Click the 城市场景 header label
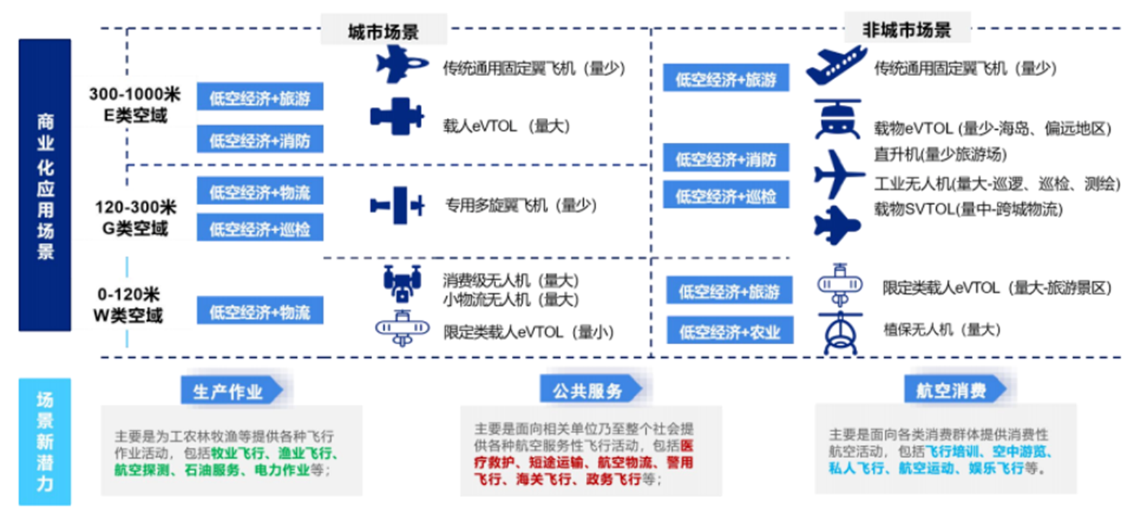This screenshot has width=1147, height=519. (383, 31)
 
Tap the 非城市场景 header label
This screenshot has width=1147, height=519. (907, 29)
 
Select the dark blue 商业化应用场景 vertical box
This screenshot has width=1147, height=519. (45, 185)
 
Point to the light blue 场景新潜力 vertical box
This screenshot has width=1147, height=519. (45, 442)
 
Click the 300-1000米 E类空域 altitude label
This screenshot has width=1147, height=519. (134, 104)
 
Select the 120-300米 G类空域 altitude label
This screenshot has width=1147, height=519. (135, 217)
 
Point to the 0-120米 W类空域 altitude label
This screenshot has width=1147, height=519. (128, 304)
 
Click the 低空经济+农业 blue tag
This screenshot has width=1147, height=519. (730, 332)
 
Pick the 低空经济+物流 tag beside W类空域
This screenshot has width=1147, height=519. (260, 312)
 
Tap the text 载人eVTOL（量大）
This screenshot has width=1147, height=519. (506, 126)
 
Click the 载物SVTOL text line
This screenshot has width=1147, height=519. (967, 209)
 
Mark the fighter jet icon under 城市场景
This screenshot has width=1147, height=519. (401, 64)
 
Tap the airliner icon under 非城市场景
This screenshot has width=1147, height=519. (835, 64)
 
